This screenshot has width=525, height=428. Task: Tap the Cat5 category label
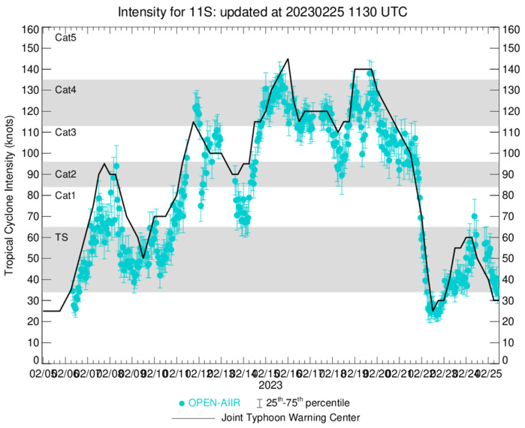coord(66,38)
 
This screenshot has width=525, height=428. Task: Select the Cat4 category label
coord(66,89)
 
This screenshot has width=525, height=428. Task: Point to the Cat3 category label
coord(66,131)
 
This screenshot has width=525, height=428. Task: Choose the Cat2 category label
coord(66,173)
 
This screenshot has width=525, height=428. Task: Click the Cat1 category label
coord(66,194)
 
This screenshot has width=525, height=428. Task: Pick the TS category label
coord(62,237)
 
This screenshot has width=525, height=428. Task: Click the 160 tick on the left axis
coord(30,30)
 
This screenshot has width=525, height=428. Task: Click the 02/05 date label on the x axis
coord(42,372)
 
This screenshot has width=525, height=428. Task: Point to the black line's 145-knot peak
coord(288,59)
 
